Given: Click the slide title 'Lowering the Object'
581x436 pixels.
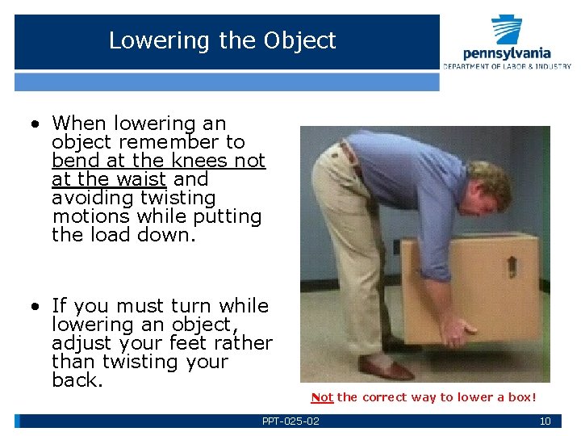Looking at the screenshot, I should tap(222, 40).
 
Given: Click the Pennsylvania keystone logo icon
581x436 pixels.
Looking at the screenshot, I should tap(507, 30).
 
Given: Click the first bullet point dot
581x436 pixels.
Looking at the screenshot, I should tap(36, 124).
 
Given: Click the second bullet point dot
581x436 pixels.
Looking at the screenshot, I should tap(36, 307).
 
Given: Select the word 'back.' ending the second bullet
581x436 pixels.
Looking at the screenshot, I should tap(77, 380).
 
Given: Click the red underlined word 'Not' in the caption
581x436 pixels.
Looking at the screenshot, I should tap(322, 397).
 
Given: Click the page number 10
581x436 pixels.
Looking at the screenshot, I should tap(545, 421).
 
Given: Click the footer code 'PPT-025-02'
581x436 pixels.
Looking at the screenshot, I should tap(290, 421).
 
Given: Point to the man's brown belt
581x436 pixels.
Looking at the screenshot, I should tap(349, 153).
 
